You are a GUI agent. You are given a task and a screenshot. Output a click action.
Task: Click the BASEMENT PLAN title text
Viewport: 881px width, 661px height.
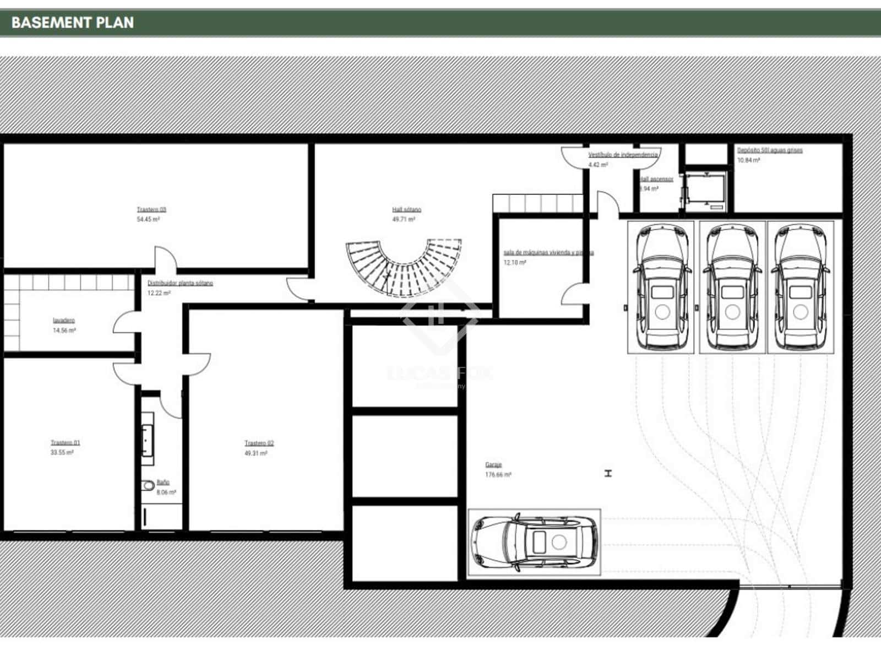coord(72,23)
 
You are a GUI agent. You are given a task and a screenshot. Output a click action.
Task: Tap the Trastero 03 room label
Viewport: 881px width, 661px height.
coord(151,209)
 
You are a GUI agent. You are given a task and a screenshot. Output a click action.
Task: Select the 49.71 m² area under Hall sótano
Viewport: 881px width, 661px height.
coord(404,219)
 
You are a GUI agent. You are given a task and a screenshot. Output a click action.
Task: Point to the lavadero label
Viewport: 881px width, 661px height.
coord(64,320)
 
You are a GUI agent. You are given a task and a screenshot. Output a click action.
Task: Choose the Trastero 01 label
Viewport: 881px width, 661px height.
coord(65,442)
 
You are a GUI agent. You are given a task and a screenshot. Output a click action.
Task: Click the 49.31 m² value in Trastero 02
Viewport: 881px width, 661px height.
coord(256,453)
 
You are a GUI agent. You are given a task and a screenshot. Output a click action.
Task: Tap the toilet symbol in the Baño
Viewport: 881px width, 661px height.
coord(148,486)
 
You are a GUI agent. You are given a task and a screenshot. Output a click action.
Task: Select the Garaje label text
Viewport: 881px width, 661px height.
coord(493,464)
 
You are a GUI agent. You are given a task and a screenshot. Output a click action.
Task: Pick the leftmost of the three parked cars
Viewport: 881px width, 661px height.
coord(661,287)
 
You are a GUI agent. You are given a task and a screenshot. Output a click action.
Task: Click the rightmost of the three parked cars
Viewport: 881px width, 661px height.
coord(800,287)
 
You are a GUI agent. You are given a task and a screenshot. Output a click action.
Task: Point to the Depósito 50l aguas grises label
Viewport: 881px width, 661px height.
coord(770,150)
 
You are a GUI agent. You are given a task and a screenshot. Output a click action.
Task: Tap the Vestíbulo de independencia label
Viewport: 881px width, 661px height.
coord(623,155)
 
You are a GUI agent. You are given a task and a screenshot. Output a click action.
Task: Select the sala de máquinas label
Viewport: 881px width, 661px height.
coord(548,253)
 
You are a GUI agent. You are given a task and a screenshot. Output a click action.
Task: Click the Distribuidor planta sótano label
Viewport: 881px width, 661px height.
coord(180,283)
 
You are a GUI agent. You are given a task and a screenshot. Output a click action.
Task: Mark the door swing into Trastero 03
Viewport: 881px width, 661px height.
coord(165,259)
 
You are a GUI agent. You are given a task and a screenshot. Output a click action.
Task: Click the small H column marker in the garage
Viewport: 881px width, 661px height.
coord(608,473)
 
